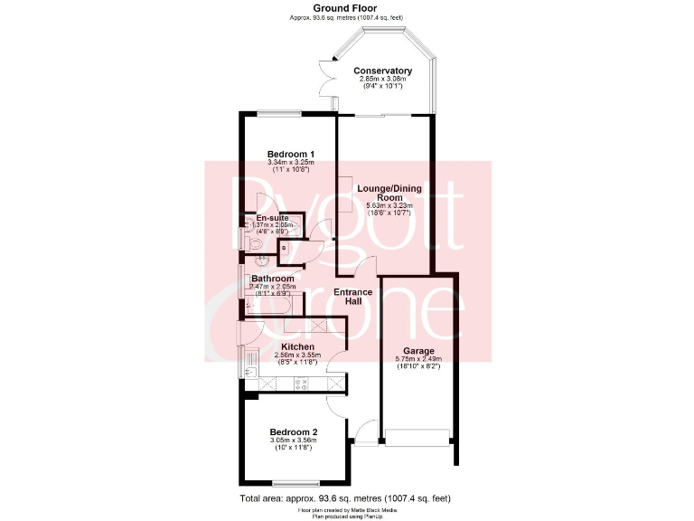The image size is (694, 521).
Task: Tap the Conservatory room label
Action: coord(382,71)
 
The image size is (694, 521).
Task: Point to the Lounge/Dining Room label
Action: coord(389,193)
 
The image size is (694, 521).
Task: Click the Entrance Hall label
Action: coord(353,296)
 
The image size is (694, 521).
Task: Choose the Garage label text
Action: coord(418,350)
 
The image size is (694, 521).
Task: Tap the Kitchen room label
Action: coord(297,346)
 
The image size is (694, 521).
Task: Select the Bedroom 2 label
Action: coord(294,431)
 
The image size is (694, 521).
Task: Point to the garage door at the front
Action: coord(417,438)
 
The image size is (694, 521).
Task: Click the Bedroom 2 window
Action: coord(295,481)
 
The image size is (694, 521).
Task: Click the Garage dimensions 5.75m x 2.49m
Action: coord(418,359)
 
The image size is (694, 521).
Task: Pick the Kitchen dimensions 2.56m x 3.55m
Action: coord(297,355)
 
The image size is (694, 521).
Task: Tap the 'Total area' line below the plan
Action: coord(344,498)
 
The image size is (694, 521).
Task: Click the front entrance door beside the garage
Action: coord(366,431)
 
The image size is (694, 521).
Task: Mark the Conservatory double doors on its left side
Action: coord(326,84)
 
